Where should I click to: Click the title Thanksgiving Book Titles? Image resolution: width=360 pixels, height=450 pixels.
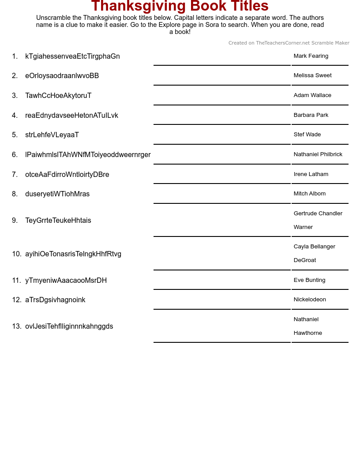coord(180,6)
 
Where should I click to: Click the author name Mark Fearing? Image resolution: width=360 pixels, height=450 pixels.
coord(311,56)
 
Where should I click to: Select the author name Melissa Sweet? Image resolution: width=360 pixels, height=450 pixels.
coord(312,75)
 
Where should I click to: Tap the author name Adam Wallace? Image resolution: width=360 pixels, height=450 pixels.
coord(312,95)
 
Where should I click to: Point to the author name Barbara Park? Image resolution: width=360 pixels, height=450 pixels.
coord(311,115)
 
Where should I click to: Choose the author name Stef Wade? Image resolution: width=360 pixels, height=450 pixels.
coord(307,135)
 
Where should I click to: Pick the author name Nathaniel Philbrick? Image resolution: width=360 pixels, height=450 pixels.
coord(318,154)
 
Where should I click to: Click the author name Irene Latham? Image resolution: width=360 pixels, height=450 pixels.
coord(311,174)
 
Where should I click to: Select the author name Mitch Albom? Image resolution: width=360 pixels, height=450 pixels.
coord(309,194)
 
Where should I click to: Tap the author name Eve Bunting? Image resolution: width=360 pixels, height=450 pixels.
coord(309,280)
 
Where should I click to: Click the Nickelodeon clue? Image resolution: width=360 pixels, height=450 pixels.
coord(310,300)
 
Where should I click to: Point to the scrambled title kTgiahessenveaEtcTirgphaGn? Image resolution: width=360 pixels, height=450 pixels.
coord(72,56)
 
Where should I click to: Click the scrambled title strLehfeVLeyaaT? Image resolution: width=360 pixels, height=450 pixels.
coord(52,135)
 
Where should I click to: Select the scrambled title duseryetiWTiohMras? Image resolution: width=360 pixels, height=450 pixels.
coord(57,194)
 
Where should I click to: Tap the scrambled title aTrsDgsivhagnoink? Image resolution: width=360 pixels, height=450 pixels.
coord(55,300)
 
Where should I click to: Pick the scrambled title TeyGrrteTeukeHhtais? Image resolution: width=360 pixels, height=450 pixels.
coord(58,221)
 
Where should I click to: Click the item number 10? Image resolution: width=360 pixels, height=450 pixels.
coord(16,254)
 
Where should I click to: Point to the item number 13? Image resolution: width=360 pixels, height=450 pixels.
coord(16,326)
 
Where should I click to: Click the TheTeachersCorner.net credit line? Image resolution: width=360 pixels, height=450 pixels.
coord(289,43)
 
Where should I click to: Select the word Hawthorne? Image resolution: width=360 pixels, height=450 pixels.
coord(307,333)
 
